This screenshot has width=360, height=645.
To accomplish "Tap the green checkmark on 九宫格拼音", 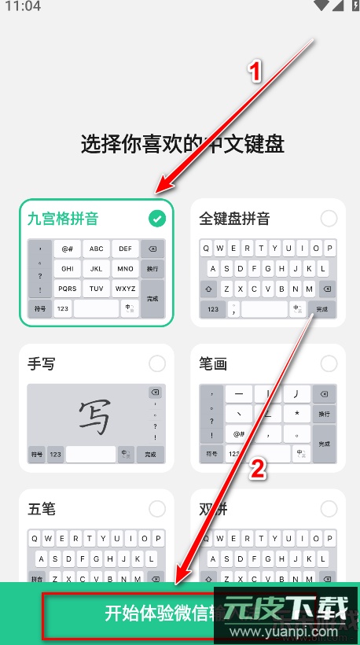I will point(158,219).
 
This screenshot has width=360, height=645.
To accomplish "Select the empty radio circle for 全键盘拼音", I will point(329,219).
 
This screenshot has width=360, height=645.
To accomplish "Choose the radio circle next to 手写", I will point(157,363).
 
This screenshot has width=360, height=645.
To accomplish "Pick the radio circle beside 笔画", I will point(329,363).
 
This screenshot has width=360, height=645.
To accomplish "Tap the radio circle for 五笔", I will point(157,508).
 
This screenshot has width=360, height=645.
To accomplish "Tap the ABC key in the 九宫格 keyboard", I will point(96,249).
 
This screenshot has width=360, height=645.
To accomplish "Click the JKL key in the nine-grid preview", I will point(96,268).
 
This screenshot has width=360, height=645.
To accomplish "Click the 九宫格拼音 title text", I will point(63,219).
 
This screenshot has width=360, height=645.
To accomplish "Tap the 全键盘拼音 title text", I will point(234,219).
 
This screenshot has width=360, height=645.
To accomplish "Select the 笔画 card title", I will point(213,363).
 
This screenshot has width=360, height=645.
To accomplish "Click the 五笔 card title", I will point(42,508).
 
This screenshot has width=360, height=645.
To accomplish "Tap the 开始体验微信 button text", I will point(157,614).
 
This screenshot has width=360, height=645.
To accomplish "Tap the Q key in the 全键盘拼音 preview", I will point(208,249).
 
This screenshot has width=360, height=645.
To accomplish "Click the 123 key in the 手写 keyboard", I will point(56,454).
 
